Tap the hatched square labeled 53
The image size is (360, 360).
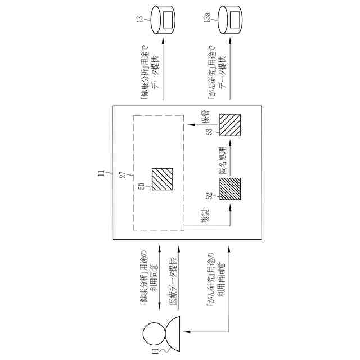tap(229, 124)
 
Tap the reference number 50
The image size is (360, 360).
tap(142, 187)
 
